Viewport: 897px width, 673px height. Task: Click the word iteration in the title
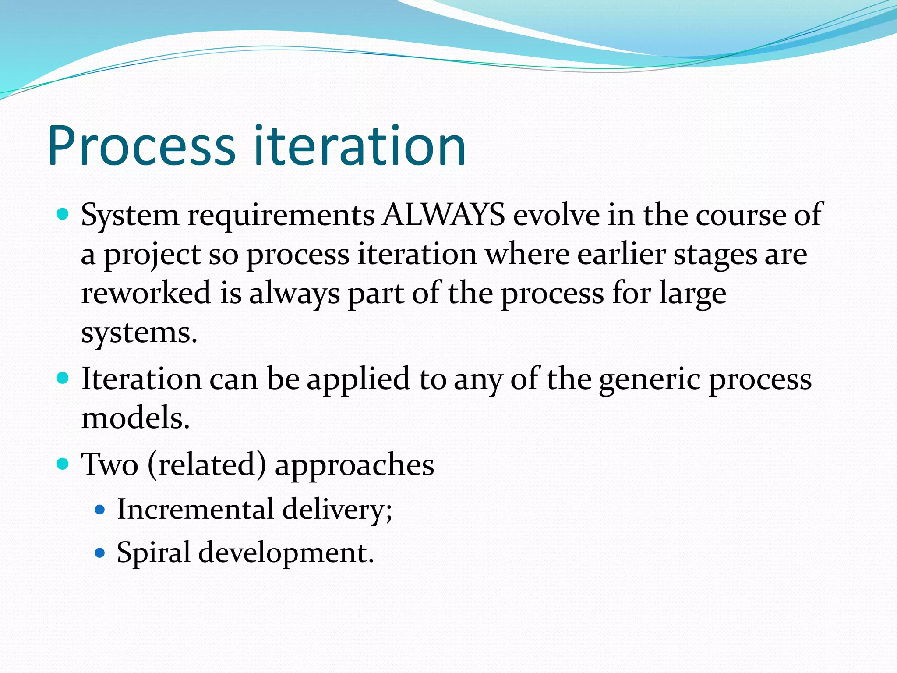[x=360, y=147]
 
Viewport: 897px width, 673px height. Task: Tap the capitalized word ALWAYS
[x=443, y=215]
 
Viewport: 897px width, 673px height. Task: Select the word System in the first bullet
[x=130, y=216]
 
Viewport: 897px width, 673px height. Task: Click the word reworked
[x=146, y=293]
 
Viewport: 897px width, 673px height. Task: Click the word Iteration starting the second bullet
[x=141, y=379]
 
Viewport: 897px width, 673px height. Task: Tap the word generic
[x=650, y=379]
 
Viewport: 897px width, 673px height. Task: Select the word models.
[x=135, y=418]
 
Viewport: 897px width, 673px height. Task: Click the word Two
[x=110, y=464]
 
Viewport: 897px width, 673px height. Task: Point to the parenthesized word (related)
[x=207, y=464]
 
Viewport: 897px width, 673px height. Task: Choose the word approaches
[x=354, y=465]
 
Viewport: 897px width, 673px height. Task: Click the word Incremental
[x=195, y=509]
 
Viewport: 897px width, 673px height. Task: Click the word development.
[x=286, y=553]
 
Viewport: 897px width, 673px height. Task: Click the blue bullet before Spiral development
[x=100, y=553]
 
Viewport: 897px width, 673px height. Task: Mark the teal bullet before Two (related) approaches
[x=63, y=464]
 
